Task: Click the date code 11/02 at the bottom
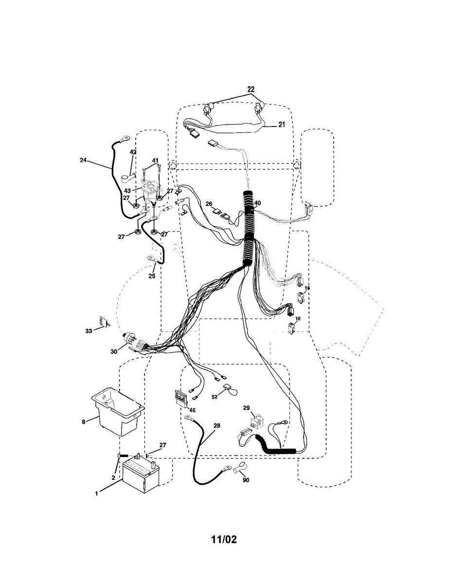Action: (x=224, y=539)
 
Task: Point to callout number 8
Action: (x=84, y=421)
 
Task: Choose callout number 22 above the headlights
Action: (x=251, y=90)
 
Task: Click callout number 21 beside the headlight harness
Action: (x=281, y=125)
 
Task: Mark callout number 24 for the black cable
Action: (x=83, y=160)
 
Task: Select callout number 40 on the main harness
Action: (x=257, y=203)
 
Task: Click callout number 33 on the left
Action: (x=88, y=331)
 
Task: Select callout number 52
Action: (x=214, y=397)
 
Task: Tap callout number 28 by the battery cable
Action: (x=216, y=425)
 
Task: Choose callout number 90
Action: (x=245, y=480)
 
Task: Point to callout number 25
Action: (x=152, y=276)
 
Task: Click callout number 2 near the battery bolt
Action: (x=113, y=478)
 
